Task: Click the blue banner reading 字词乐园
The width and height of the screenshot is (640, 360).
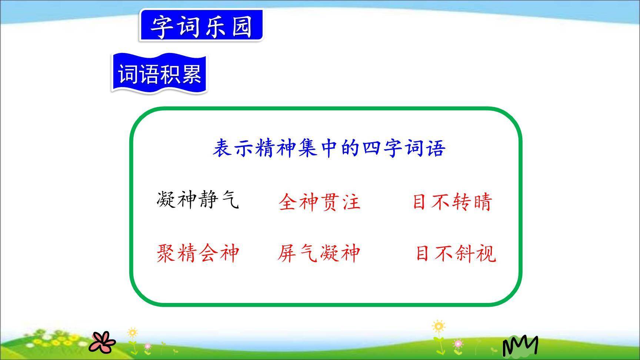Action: click(201, 26)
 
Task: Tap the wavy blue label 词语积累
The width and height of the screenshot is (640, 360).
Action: click(159, 74)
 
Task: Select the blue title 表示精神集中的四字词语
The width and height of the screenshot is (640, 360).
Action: click(329, 148)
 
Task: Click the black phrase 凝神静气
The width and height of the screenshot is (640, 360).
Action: click(197, 200)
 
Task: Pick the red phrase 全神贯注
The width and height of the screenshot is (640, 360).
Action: click(319, 202)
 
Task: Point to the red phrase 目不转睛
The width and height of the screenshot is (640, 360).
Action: click(452, 202)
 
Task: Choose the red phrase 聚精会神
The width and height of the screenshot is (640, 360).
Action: click(197, 254)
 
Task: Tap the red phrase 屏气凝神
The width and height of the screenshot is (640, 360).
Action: click(319, 254)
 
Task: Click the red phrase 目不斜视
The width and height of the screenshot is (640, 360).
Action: click(456, 254)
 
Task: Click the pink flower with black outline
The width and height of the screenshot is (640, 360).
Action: click(102, 342)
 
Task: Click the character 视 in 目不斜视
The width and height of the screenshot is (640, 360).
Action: click(486, 254)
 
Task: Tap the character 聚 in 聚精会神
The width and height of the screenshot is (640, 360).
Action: click(166, 254)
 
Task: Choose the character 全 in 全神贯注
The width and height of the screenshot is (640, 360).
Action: click(289, 202)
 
